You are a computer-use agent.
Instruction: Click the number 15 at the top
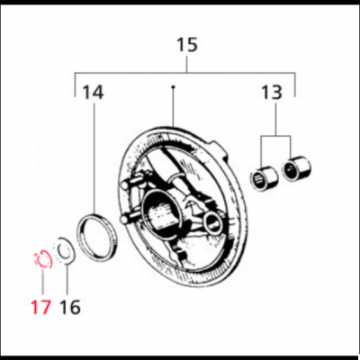(x=186, y=43)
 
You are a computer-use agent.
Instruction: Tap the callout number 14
(x=93, y=92)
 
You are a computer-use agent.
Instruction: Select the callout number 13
(x=271, y=92)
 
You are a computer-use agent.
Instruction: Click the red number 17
(x=39, y=307)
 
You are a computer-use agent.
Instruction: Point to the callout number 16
(x=69, y=307)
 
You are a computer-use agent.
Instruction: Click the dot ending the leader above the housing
(x=171, y=87)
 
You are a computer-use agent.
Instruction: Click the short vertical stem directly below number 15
(x=186, y=66)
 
